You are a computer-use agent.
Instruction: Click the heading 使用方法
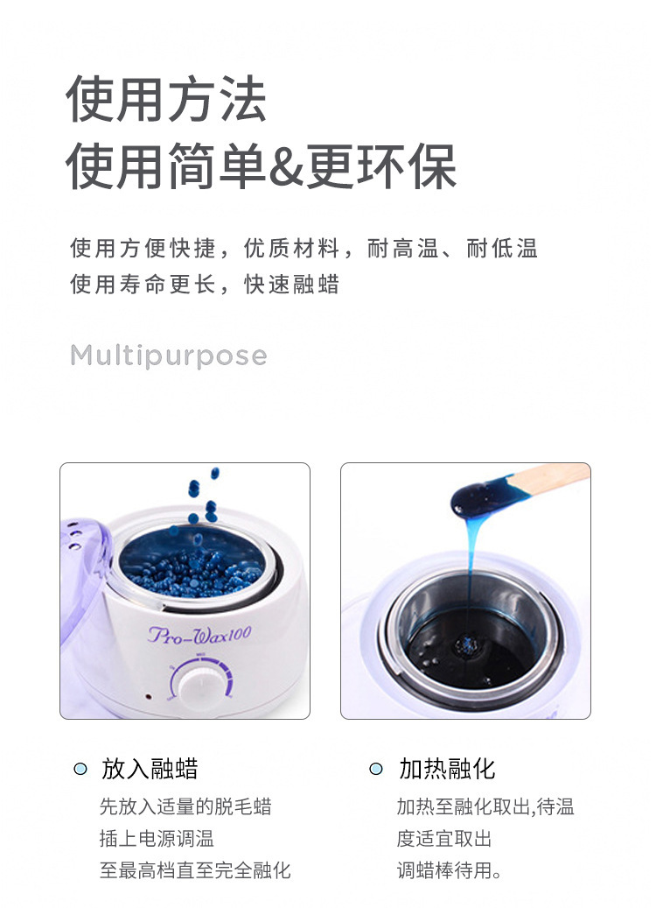[166, 99]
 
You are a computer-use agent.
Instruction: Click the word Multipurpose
[168, 355]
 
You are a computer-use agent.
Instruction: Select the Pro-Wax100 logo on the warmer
[199, 635]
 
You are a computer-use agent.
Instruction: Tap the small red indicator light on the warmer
[149, 697]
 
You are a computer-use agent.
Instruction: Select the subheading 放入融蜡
[150, 769]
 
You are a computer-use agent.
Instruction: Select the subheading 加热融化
[447, 769]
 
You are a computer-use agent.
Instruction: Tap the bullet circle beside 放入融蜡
[80, 769]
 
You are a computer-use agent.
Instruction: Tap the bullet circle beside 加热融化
[376, 769]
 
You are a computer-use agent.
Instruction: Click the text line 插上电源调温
[157, 838]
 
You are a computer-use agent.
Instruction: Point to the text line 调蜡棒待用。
[449, 869]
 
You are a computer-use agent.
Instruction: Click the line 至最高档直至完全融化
[195, 869]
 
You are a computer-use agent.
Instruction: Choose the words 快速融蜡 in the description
[291, 285]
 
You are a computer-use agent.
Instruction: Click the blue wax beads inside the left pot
[191, 570]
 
